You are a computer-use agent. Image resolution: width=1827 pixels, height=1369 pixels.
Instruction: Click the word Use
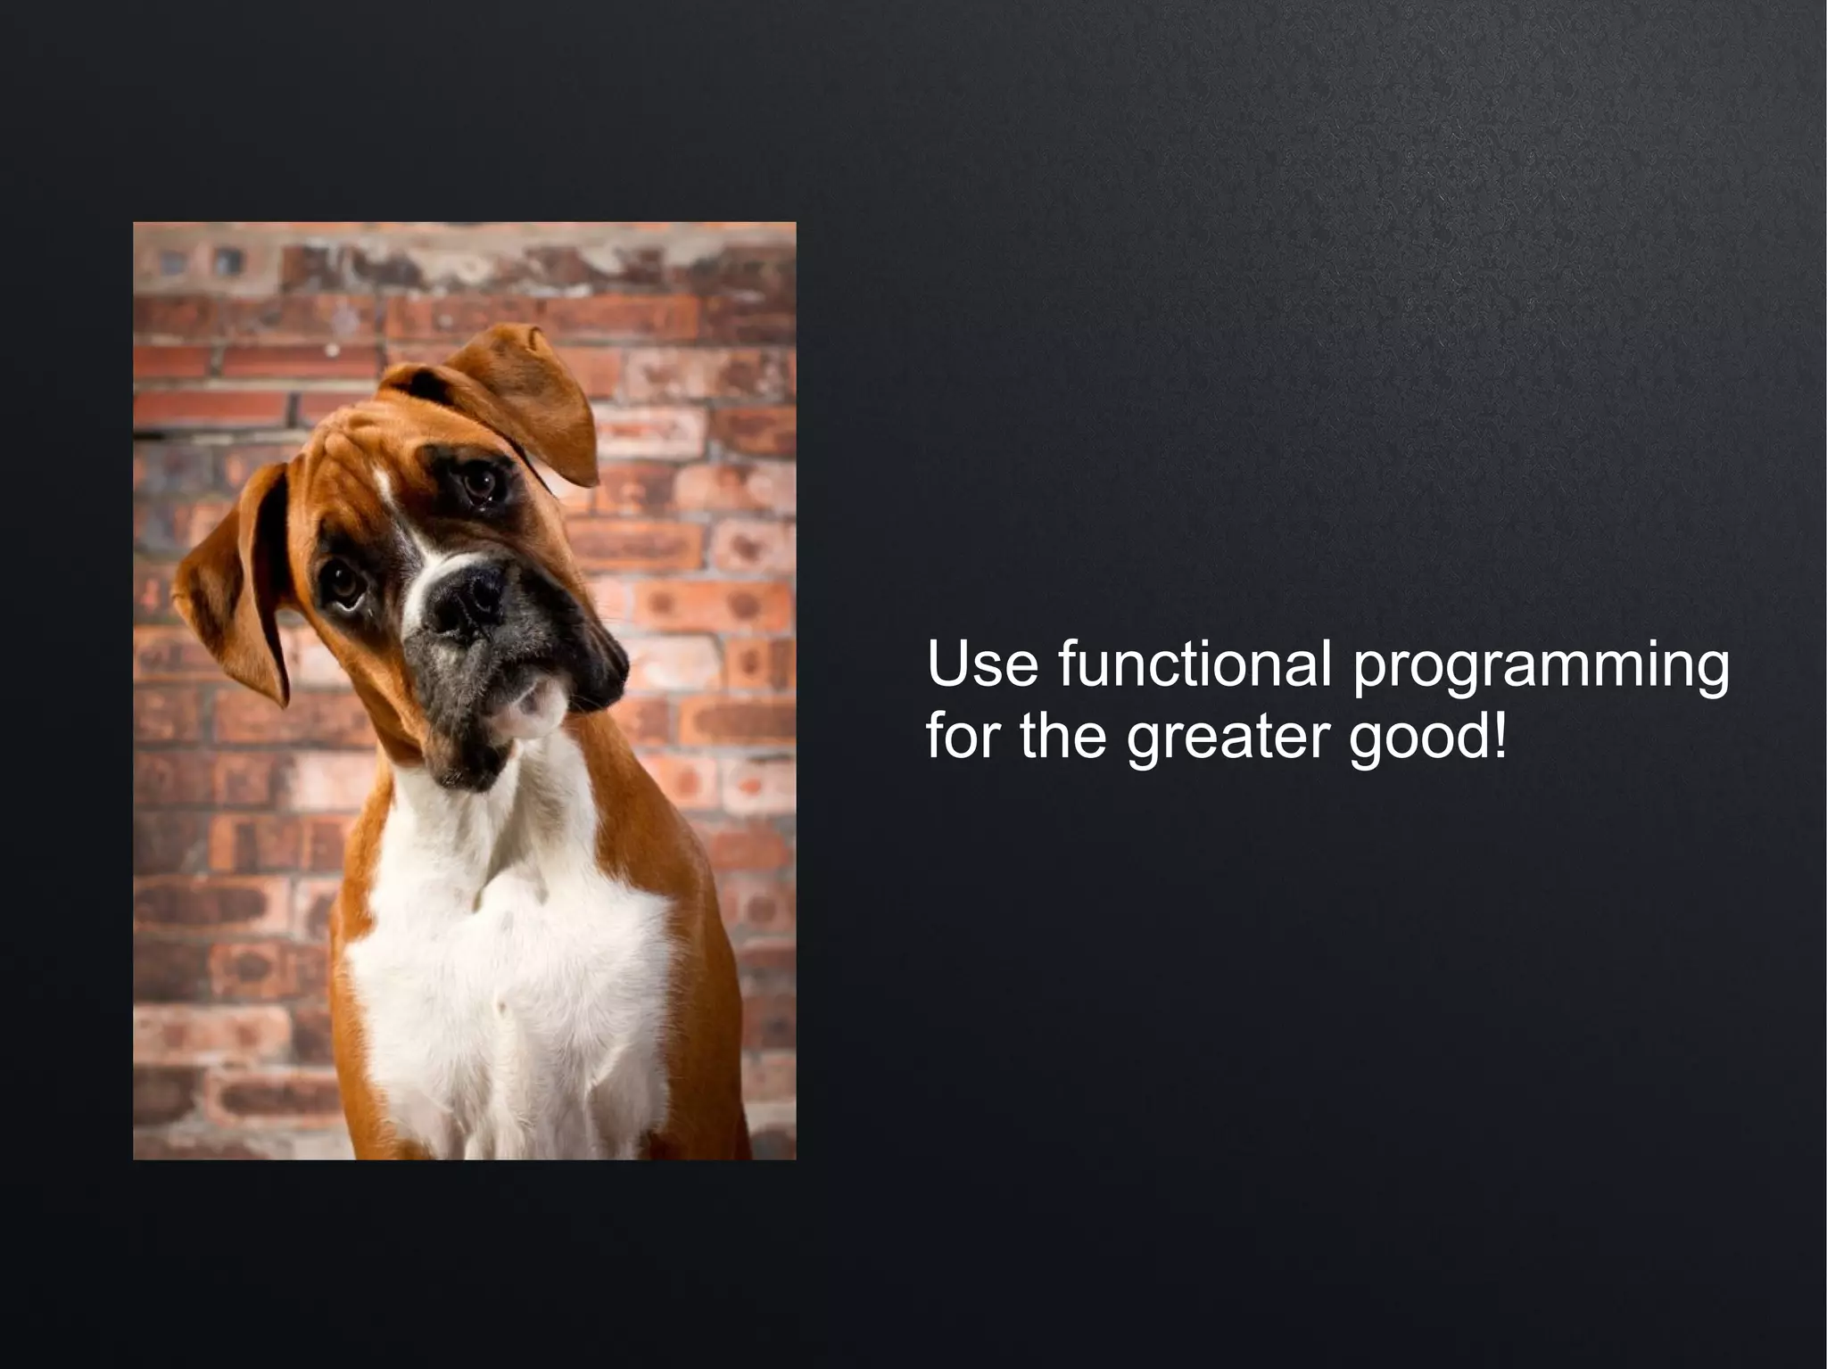click(x=982, y=664)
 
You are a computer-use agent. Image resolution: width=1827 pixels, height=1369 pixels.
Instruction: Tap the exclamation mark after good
click(x=1500, y=737)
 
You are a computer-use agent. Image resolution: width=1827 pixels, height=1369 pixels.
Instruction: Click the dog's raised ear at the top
click(x=526, y=392)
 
